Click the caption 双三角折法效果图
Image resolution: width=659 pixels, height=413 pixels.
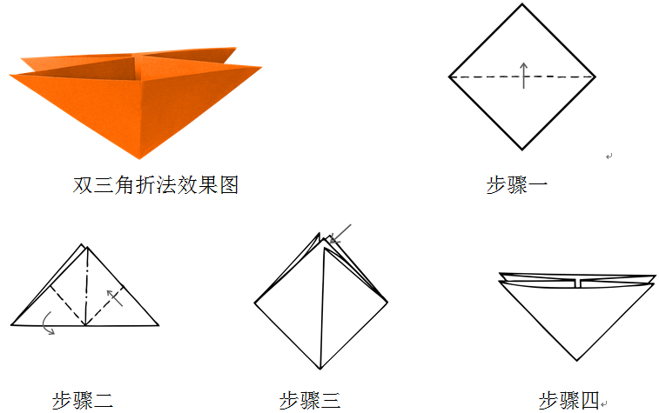(x=156, y=184)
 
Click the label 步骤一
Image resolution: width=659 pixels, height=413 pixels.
(x=517, y=184)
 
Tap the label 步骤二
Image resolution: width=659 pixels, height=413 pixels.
(x=82, y=400)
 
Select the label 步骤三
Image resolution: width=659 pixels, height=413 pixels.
(x=309, y=400)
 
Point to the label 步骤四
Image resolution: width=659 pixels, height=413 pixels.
(x=569, y=400)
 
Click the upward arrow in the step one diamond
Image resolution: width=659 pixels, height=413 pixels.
(x=523, y=75)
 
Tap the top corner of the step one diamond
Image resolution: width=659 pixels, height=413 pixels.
(x=523, y=4)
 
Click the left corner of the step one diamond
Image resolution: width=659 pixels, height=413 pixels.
(x=450, y=77)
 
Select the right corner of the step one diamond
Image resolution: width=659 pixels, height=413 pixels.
(x=595, y=77)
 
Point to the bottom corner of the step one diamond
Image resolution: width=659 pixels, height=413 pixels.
(x=522, y=149)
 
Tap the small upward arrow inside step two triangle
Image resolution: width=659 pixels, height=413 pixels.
(x=113, y=297)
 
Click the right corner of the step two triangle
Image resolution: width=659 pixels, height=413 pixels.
(x=158, y=325)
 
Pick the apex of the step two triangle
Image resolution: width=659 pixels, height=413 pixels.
(x=85, y=246)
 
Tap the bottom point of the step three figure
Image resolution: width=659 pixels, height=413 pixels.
(x=319, y=368)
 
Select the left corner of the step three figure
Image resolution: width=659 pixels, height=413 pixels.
(x=255, y=303)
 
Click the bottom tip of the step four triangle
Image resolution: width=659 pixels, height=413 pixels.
(x=576, y=360)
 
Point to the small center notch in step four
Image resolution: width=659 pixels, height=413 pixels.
(x=576, y=283)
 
